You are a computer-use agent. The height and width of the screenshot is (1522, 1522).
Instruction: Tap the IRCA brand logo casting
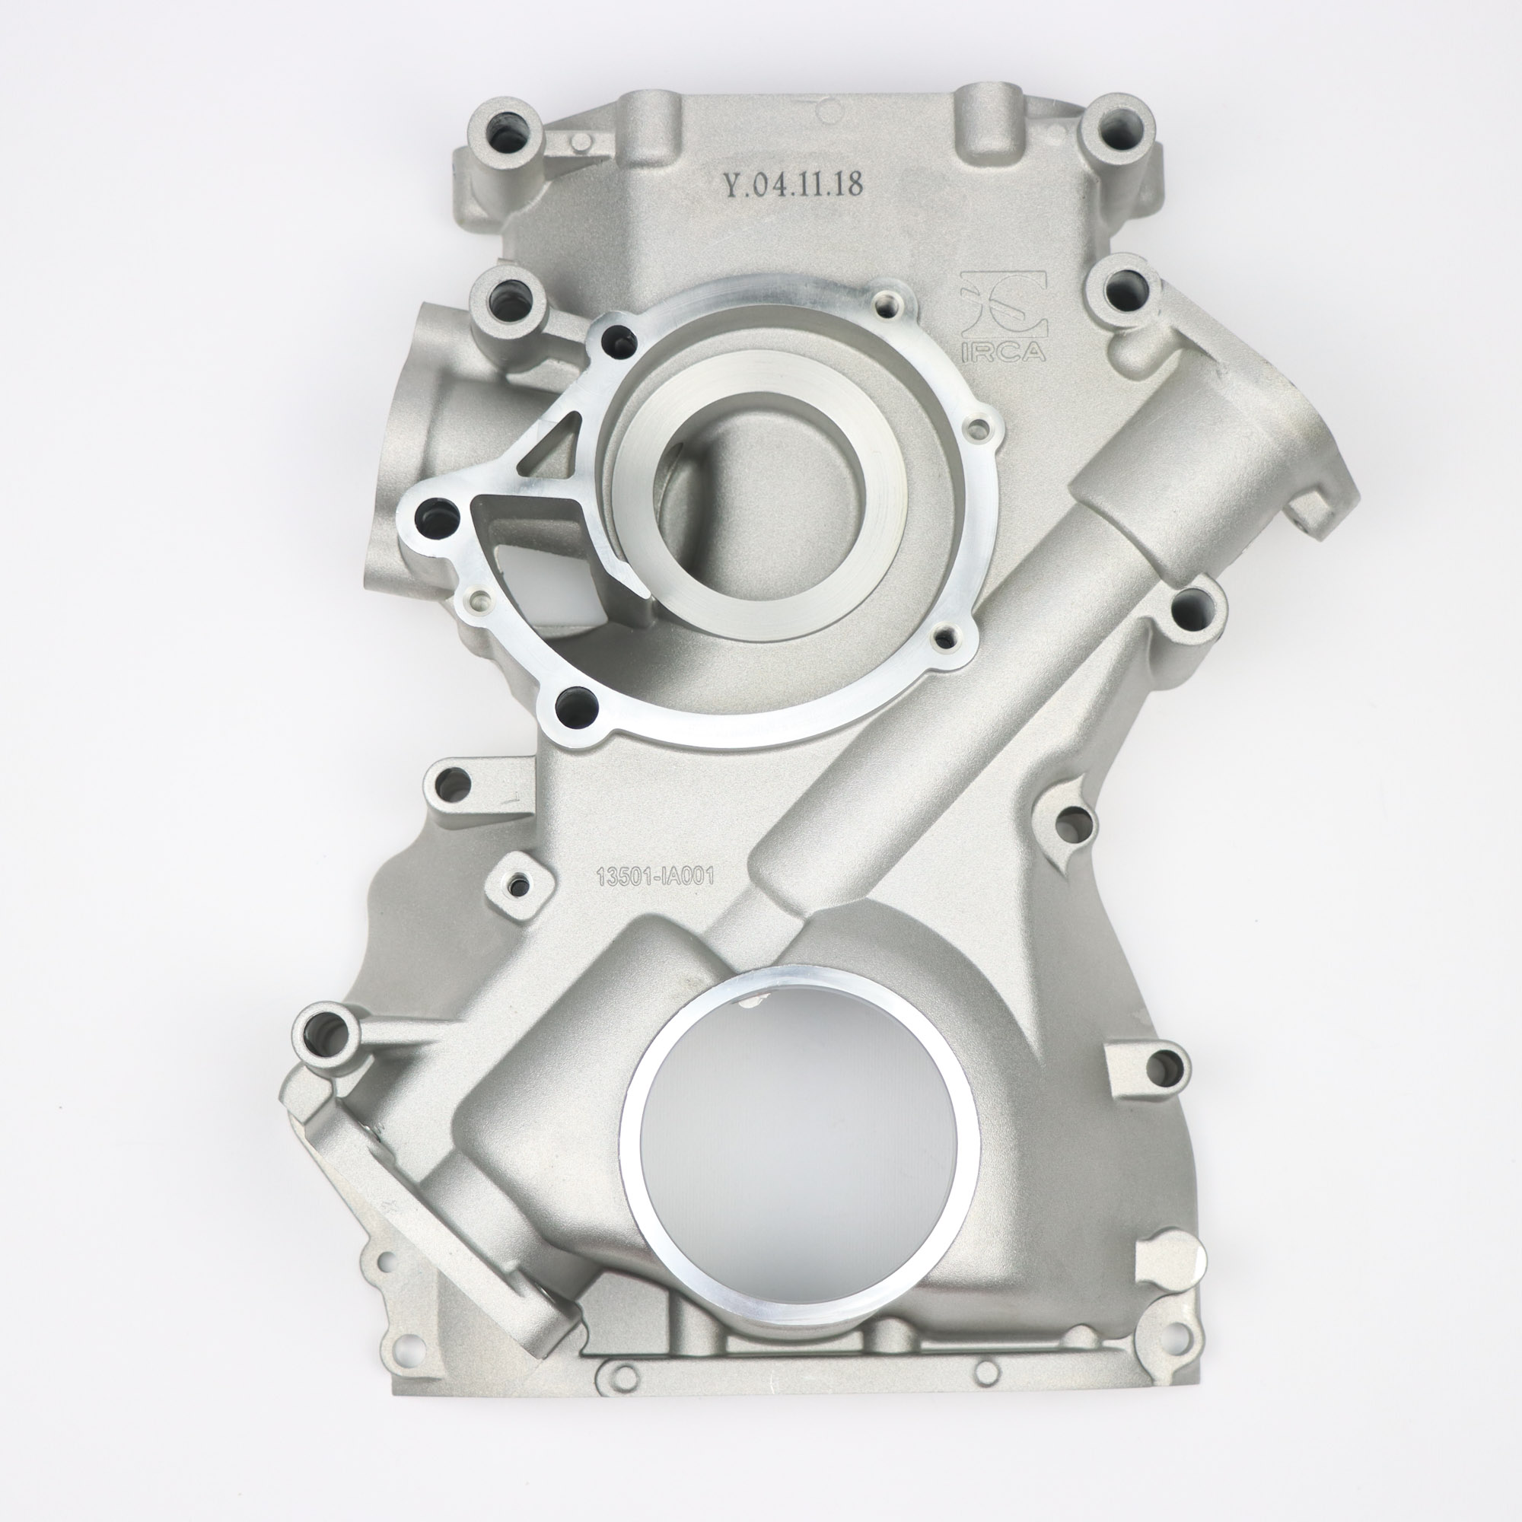[1003, 316]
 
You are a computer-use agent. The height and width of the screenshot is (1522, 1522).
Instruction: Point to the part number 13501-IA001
[655, 877]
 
